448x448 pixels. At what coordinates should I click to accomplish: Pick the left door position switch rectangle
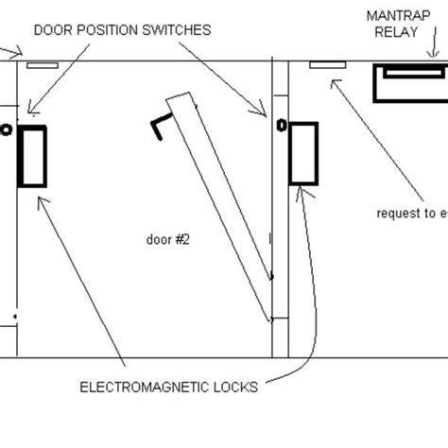coord(43,65)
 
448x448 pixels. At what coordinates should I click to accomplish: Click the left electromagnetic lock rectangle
coord(33,156)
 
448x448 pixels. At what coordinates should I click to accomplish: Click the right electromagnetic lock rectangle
coord(303,152)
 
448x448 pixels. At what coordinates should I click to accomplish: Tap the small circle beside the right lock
coord(280,124)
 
